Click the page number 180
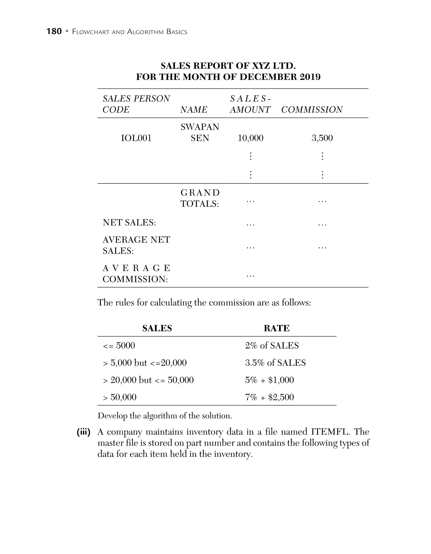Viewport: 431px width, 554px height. pos(54,31)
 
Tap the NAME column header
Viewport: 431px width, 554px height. pos(194,110)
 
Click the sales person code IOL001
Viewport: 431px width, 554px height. pos(136,138)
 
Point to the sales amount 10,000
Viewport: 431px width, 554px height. pos(250,138)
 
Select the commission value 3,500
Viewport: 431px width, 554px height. pos(322,138)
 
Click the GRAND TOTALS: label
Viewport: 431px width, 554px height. pos(200,198)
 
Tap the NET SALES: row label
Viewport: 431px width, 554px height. pos(129,222)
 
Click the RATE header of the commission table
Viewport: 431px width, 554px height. pos(276,328)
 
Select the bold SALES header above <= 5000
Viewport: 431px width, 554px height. pos(157,328)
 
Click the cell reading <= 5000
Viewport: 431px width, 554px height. pos(119,345)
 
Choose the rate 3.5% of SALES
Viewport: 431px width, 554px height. pos(275,363)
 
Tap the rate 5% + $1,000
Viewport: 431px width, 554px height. pos(269,380)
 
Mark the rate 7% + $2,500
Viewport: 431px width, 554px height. pos(269,397)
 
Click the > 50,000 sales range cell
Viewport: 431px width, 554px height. pos(120,397)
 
